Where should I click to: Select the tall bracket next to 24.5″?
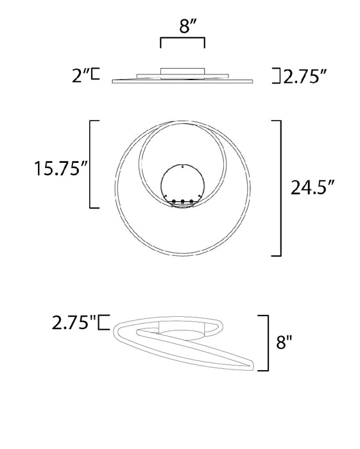279,188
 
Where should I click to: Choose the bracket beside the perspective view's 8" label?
263,343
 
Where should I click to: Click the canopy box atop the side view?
182,71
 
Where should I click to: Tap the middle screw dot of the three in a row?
183,203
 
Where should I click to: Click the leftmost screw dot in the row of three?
173,203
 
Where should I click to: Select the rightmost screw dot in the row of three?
193,203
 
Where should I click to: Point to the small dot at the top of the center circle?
183,166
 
